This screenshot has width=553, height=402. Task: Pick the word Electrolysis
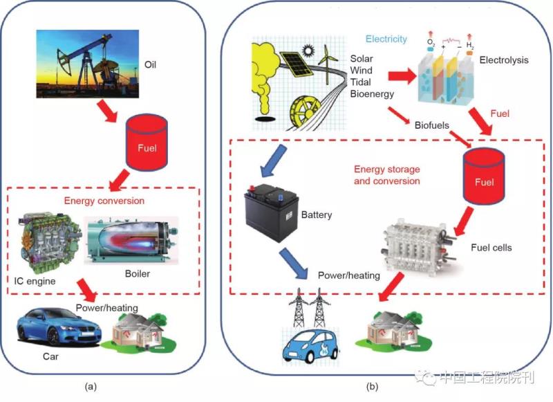[x=504, y=60]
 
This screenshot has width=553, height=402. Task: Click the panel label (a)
[x=90, y=386]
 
